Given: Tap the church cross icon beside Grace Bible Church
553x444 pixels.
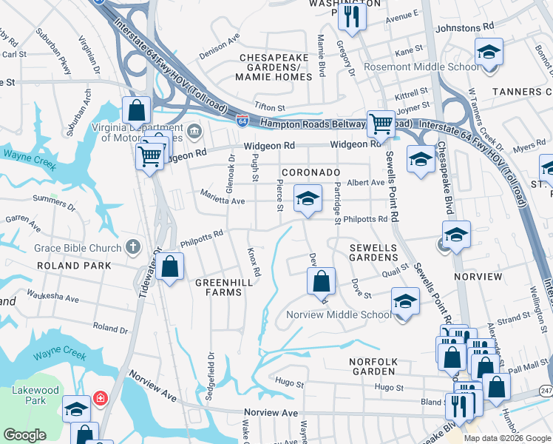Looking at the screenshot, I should [x=132, y=246].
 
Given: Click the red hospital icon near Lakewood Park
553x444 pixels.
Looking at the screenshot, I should [x=101, y=399].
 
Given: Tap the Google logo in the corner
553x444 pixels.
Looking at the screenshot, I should [x=24, y=435].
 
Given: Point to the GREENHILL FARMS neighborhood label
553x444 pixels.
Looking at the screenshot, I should [x=218, y=287].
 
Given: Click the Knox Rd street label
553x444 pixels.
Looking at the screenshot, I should [x=253, y=263].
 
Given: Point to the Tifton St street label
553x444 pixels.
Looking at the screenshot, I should [x=270, y=107].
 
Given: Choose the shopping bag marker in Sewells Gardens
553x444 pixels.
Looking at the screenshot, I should [x=321, y=281].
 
